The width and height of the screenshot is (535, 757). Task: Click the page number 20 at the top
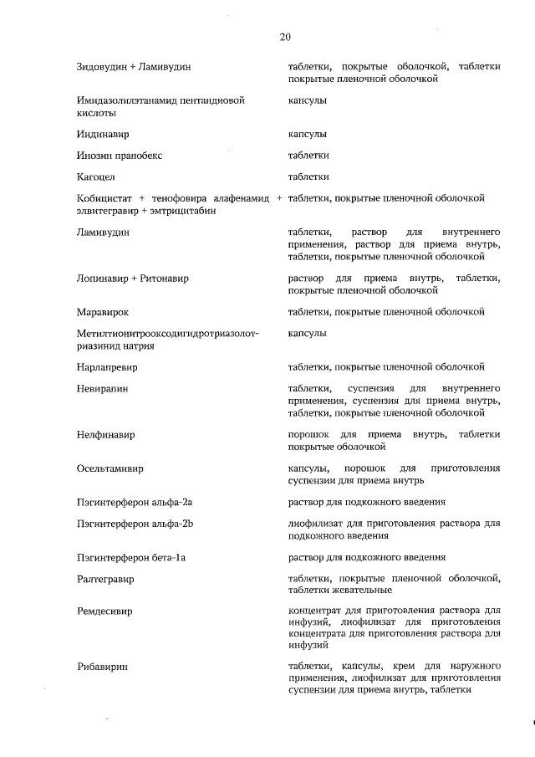pos(284,36)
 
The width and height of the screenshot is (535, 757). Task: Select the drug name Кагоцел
pos(95,176)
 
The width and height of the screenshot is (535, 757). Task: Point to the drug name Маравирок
pos(102,312)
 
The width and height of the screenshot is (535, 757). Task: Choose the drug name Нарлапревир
pos(107,367)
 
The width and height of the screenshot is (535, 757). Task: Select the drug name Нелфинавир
pos(105,435)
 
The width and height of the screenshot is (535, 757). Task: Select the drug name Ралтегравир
pos(105,579)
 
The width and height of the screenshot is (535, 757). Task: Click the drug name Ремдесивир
pos(104,611)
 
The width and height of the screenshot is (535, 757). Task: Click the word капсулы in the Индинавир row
pos(307,134)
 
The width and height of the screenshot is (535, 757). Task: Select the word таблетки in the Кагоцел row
pos(308,176)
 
